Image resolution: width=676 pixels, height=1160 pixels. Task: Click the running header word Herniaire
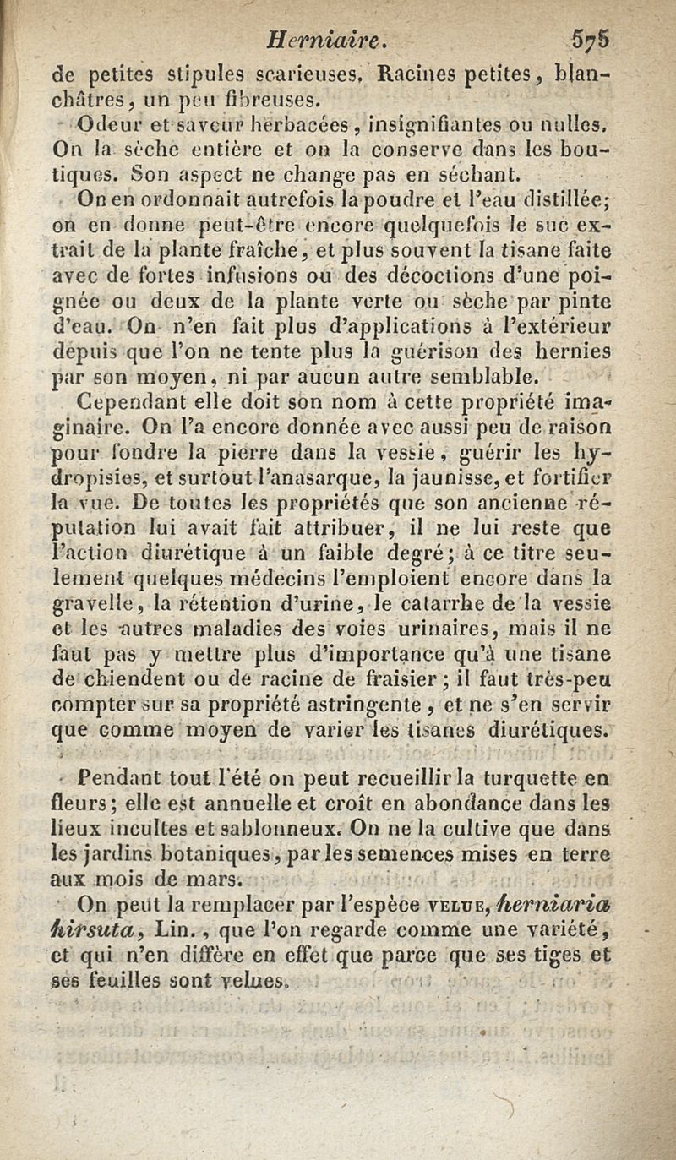(326, 38)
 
